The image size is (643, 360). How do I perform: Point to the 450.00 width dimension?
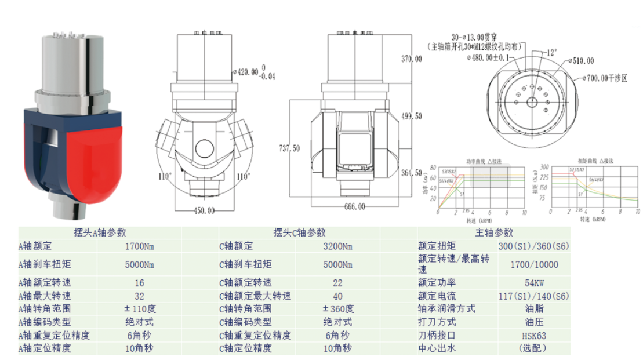[x=203, y=210]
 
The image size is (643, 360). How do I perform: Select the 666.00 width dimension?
[x=354, y=207]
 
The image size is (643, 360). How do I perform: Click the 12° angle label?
[x=551, y=52]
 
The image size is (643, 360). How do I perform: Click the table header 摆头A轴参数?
[x=100, y=232]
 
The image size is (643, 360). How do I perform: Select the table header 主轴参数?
[x=494, y=232]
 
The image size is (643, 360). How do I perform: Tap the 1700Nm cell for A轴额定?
[x=140, y=246]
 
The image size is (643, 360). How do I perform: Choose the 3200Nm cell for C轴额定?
[x=337, y=246]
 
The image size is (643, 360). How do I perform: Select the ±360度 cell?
[x=337, y=308]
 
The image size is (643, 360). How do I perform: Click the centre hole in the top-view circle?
[x=532, y=101]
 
